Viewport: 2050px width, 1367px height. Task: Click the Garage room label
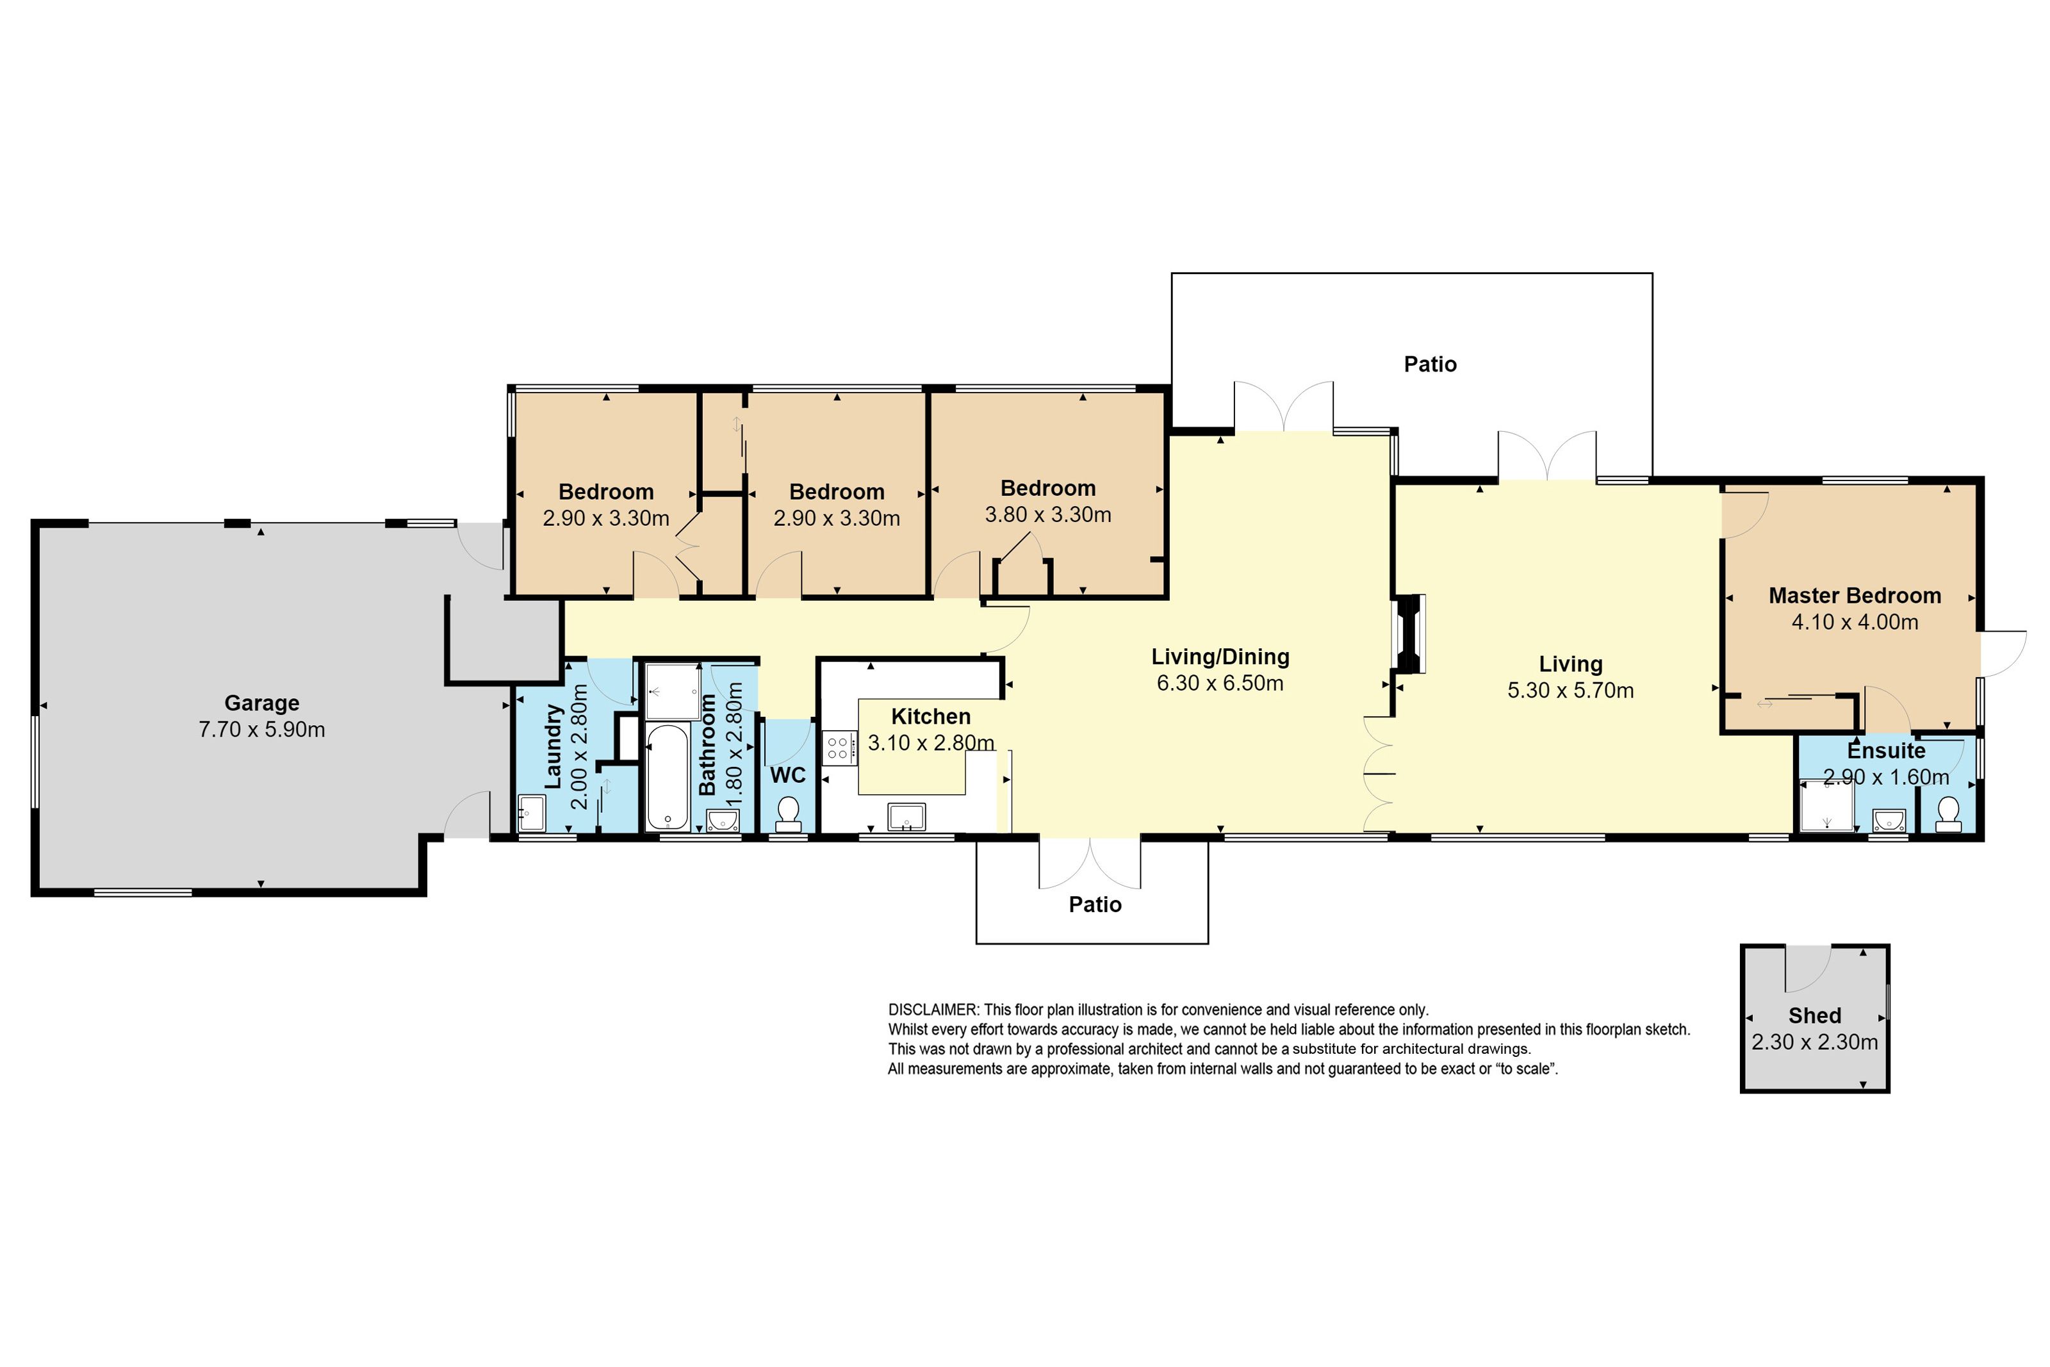(x=261, y=703)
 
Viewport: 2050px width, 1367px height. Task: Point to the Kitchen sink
(x=906, y=817)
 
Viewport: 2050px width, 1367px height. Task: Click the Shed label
(x=1815, y=1016)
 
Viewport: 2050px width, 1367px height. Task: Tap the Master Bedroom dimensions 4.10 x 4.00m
(x=1855, y=621)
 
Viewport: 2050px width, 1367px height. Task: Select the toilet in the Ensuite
(x=1948, y=814)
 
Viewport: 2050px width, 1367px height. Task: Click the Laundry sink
(x=531, y=814)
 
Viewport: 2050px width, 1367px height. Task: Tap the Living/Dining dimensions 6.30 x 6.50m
(x=1220, y=683)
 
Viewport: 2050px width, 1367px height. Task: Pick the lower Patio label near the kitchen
(x=1095, y=904)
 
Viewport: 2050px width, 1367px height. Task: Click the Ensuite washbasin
(x=1889, y=821)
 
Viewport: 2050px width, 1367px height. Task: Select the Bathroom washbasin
(x=723, y=821)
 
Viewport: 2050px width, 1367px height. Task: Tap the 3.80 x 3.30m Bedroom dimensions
(x=1047, y=514)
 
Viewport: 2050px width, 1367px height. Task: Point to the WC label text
(x=788, y=775)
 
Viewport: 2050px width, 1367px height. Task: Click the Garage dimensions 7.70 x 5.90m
(x=261, y=729)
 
